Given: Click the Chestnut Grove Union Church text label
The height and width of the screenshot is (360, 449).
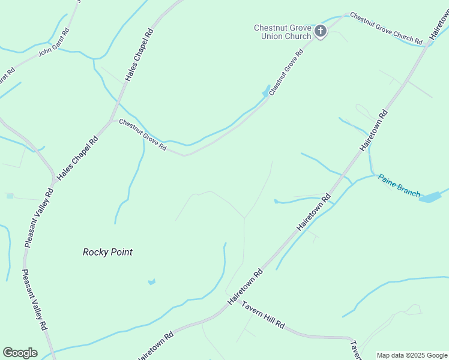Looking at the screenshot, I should tap(282, 32).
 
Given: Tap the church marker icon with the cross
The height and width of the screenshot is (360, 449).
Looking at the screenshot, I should tap(321, 31).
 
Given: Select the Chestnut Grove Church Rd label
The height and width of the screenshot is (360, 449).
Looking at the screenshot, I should tap(386, 28).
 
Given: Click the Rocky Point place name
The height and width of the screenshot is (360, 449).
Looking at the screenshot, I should tap(107, 252).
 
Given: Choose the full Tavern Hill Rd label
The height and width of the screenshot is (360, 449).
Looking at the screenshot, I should tap(263, 314).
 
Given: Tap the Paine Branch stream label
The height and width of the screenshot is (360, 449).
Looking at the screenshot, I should tap(398, 185).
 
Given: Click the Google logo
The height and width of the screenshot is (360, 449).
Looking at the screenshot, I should tap(20, 353).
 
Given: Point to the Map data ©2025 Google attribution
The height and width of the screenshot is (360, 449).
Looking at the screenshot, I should tap(412, 355).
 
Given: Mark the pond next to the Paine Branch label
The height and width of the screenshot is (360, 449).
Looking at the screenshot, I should tap(430, 197).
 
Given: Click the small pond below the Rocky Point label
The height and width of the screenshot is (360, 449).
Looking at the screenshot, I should tap(151, 281).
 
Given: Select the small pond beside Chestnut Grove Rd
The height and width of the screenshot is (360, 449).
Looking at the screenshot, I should tap(265, 92).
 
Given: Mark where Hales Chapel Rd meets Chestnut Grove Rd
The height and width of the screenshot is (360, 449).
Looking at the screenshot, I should tap(112, 120).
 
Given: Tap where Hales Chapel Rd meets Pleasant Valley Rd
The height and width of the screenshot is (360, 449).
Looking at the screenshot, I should tap(55, 178).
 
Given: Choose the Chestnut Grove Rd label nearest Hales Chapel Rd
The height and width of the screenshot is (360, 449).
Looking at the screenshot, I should tap(142, 134).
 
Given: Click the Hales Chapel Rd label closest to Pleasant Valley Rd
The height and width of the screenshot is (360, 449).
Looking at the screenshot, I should tap(85, 149).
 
